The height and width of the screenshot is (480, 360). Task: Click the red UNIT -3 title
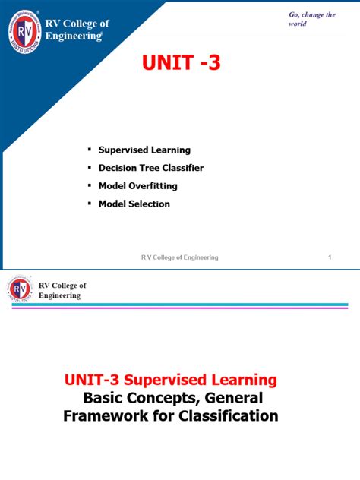point(181,63)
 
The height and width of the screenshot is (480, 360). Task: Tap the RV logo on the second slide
point(20,290)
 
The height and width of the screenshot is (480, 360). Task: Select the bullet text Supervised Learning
point(144,150)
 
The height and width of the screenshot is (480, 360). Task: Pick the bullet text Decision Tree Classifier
point(151,168)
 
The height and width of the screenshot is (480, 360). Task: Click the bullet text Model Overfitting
point(138,186)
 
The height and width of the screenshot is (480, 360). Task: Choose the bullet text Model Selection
point(134,204)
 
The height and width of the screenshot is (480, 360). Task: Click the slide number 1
point(330,257)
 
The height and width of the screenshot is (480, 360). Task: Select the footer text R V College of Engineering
point(180,257)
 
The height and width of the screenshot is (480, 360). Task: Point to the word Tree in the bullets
point(148,168)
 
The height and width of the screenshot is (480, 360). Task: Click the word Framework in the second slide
point(101,415)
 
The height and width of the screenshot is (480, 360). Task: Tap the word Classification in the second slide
point(227,415)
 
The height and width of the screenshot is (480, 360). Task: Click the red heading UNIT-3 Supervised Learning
point(170,379)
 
